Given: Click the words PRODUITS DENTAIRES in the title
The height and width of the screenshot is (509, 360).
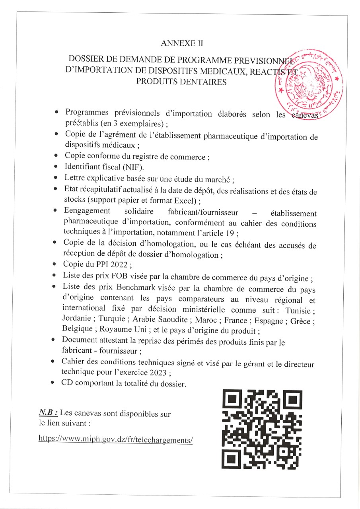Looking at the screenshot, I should [181, 82].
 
